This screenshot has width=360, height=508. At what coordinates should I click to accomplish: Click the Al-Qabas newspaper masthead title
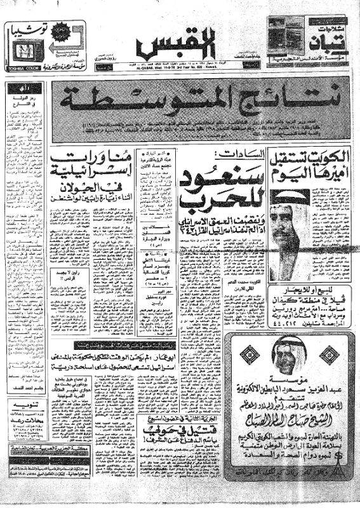pyautogui.click(x=178, y=45)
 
